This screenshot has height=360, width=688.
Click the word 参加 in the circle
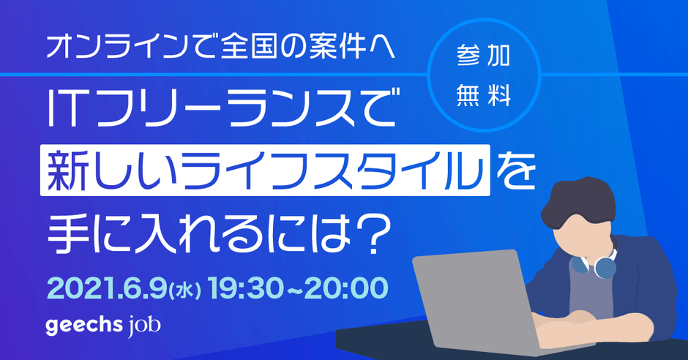click(483, 56)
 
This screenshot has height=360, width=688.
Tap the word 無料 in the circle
click(483, 95)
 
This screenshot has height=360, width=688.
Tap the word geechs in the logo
click(84, 326)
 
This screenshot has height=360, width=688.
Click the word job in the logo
click(144, 326)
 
